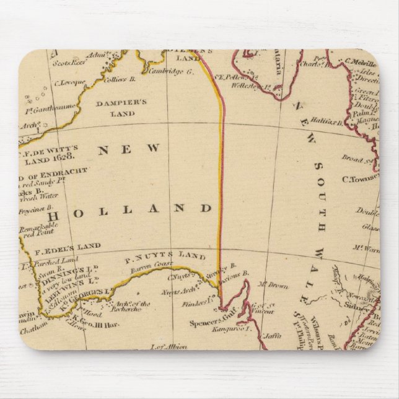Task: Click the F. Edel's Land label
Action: point(76,246)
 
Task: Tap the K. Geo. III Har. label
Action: point(85,323)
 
